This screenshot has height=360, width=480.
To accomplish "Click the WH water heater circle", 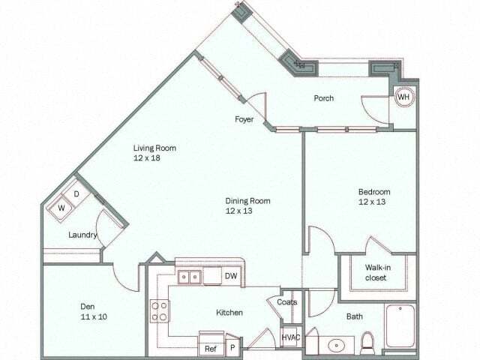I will [x=403, y=97].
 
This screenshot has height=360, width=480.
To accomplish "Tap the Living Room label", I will [x=155, y=153].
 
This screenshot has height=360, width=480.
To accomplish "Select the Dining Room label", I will [x=248, y=205].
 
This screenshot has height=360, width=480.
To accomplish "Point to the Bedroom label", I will [x=373, y=196].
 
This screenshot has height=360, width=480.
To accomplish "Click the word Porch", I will [x=323, y=98].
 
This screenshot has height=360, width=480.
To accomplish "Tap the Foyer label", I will [x=244, y=119].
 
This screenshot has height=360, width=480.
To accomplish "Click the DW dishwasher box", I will [x=231, y=277].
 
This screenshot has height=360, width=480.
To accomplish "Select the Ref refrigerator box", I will [x=210, y=348].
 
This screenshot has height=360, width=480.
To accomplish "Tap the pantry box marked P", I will [x=232, y=348].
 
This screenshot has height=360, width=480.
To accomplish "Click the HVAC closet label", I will [x=290, y=337].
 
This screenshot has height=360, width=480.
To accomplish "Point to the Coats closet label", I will [x=286, y=302].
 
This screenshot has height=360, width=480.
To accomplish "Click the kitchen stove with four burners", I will [x=159, y=311].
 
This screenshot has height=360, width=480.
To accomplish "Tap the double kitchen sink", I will [x=190, y=277].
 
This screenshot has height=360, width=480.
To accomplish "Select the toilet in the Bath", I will [x=367, y=343].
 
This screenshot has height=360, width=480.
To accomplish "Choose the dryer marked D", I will [x=76, y=194].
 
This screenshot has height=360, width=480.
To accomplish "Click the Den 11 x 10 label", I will [x=94, y=311].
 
